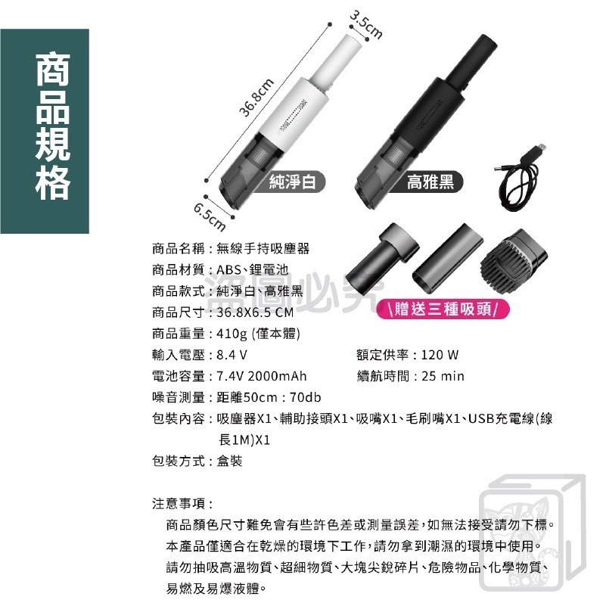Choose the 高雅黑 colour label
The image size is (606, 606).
tap(430, 182)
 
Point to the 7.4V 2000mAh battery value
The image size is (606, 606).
tap(262, 377)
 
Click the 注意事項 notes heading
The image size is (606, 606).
tap(181, 503)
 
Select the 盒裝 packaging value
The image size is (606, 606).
tap(229, 461)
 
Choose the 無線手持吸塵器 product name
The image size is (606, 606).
tap(263, 248)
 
